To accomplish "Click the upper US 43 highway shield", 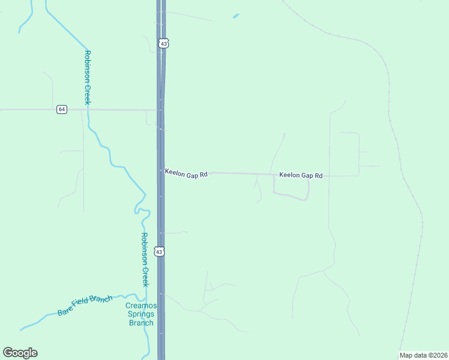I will [164, 43].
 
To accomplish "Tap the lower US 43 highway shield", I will [159, 252].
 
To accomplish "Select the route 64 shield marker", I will [62, 109].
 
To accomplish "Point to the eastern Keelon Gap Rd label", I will [301, 176].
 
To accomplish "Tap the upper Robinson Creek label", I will [87, 77].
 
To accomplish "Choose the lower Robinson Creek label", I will [144, 259].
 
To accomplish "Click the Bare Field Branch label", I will [85, 305].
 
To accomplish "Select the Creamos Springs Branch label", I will [142, 314].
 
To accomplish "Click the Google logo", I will [20, 353].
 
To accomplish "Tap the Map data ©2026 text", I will [423, 355].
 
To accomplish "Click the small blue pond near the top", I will [236, 16].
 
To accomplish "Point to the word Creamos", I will [142, 306].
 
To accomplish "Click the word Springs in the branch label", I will [142, 314].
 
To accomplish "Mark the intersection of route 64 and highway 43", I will [161, 110].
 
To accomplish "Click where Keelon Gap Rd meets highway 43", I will [161, 172].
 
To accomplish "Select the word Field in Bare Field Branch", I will [85, 305].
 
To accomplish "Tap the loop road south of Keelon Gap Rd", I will [292, 196].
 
